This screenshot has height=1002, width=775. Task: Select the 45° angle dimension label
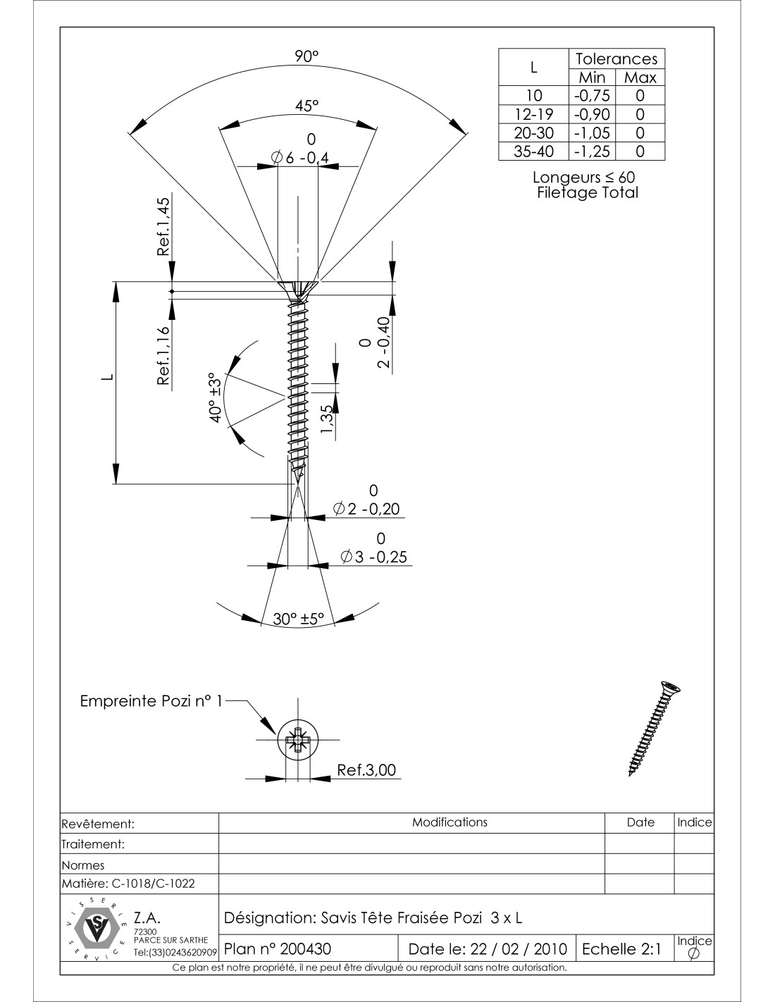[307, 106]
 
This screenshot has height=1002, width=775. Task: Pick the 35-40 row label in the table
[533, 151]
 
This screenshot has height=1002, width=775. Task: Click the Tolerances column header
[616, 58]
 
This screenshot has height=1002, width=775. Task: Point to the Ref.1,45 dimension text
[163, 226]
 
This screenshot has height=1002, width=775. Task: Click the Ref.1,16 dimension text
[163, 356]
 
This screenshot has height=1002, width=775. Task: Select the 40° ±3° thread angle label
[216, 397]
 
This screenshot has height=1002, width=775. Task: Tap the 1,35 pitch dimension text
[326, 421]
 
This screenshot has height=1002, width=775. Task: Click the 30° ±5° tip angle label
[298, 619]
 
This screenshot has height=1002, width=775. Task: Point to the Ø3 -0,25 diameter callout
[373, 556]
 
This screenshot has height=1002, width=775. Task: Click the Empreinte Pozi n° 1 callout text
[151, 701]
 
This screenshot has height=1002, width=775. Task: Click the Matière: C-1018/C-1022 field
[129, 883]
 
